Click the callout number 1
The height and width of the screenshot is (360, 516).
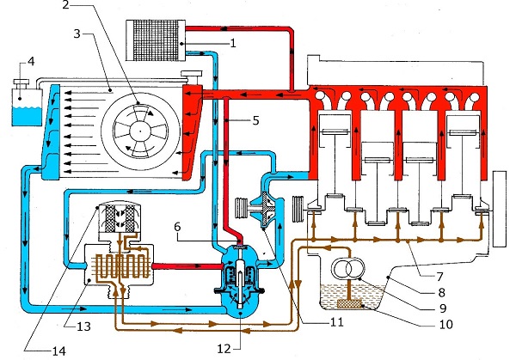tap(233, 43)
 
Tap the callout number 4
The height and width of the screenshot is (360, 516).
tap(31, 62)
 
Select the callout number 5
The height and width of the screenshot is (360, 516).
tap(255, 120)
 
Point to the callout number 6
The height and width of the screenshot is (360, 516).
tap(177, 227)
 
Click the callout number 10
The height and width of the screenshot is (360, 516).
tap(445, 324)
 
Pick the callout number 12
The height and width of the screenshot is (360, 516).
tap(224, 349)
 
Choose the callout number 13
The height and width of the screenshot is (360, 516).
tap(83, 326)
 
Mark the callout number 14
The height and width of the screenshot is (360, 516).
tap(59, 351)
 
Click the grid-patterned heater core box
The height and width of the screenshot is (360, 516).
tap(156, 40)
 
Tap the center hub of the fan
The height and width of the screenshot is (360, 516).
tap(140, 131)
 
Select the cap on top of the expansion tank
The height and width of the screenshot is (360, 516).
tap(21, 83)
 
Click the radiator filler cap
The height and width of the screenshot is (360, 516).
tap(192, 75)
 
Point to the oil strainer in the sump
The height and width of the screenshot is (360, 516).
tap(349, 304)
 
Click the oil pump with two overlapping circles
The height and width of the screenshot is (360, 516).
tap(349, 268)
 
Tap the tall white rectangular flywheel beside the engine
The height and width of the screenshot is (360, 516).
tap(500, 209)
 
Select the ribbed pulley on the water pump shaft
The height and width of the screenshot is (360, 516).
tap(242, 208)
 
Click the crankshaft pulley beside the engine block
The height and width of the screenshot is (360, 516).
tap(299, 210)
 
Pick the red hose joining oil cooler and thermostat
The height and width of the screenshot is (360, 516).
tap(187, 265)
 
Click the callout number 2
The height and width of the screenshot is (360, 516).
tap(66, 4)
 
